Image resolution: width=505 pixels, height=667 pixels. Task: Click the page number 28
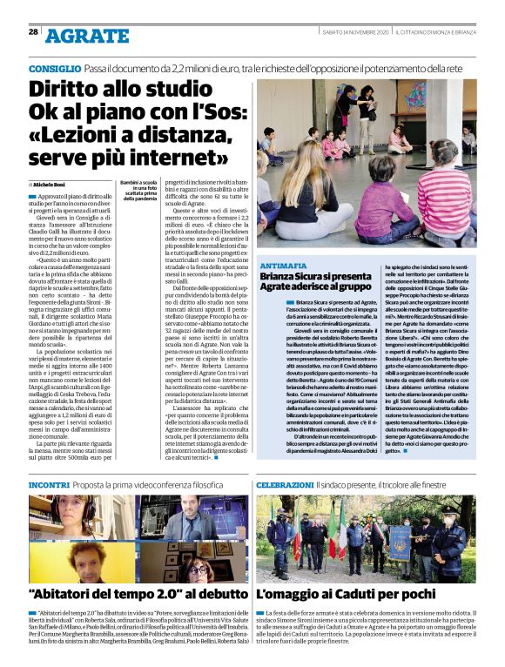click(x=33, y=33)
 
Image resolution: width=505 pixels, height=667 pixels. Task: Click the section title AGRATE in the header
click(x=87, y=36)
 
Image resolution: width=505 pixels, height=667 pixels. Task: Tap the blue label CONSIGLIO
click(x=56, y=67)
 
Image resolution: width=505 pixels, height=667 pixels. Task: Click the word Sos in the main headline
click(x=226, y=112)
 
